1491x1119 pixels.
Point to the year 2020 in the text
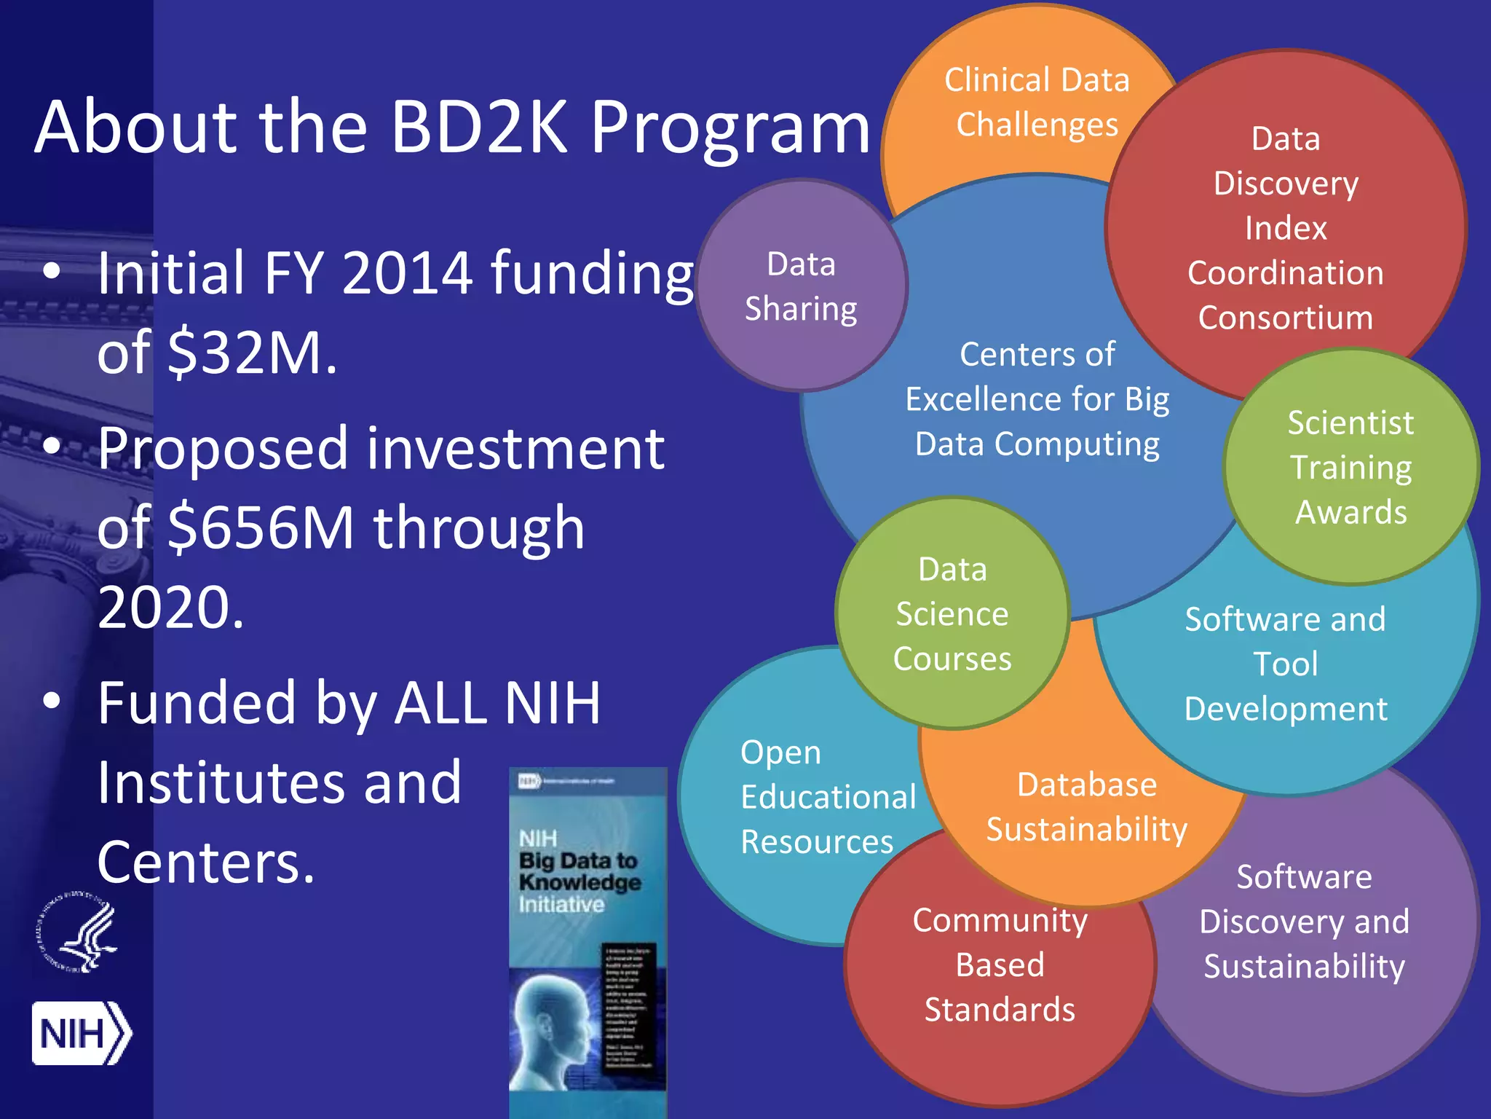pyautogui.click(x=170, y=608)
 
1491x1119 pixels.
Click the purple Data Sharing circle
pyautogui.click(x=801, y=286)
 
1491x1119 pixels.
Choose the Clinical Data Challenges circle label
pyautogui.click(x=1037, y=103)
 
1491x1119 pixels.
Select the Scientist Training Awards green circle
pyautogui.click(x=1350, y=467)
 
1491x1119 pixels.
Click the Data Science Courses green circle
pyautogui.click(x=952, y=613)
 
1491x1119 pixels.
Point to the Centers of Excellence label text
pyautogui.click(x=1037, y=399)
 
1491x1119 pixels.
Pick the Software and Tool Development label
pyautogui.click(x=1286, y=664)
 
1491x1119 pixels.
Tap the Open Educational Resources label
pyautogui.click(x=827, y=797)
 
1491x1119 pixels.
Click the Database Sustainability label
pyautogui.click(x=1087, y=807)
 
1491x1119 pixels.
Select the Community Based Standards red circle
pyautogui.click(x=1000, y=965)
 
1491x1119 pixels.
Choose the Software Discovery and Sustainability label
pyautogui.click(x=1304, y=922)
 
